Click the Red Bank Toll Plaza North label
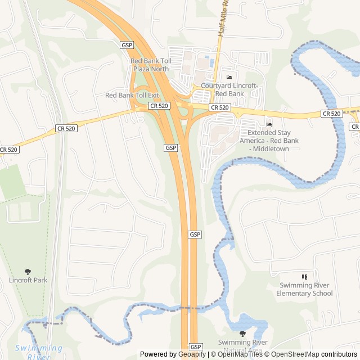click(x=150, y=65)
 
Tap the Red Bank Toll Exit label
click(x=132, y=95)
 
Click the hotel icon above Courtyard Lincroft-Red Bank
click(x=229, y=77)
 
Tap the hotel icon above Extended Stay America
click(x=269, y=124)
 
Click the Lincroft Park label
click(x=28, y=280)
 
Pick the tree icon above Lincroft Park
click(x=28, y=272)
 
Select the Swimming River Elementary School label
click(x=304, y=289)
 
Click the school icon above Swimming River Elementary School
click(x=304, y=277)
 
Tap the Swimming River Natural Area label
click(x=242, y=345)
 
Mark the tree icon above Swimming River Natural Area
click(x=242, y=334)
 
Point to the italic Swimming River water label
click(x=39, y=352)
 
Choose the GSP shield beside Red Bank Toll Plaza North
click(x=126, y=44)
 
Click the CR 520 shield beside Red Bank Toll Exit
click(x=159, y=105)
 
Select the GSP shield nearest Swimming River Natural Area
click(x=195, y=346)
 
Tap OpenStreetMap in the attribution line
click(x=296, y=354)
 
